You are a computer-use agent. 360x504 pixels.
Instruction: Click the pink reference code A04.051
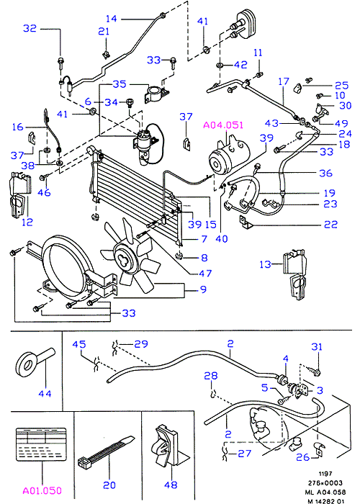coord(223,125)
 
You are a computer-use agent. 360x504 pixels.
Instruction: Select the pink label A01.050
coord(42,491)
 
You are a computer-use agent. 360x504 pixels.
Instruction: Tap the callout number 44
coord(45,393)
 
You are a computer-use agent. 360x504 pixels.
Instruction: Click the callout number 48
coord(171,485)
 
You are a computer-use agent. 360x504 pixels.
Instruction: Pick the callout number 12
coord(27,222)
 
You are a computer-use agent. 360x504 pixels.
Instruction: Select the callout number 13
coord(265,264)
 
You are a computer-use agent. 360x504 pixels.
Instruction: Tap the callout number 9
coord(203,289)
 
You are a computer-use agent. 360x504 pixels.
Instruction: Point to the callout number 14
coord(111,19)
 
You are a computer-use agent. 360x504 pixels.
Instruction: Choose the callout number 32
coord(30,28)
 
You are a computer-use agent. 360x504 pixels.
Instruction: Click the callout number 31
coord(317,346)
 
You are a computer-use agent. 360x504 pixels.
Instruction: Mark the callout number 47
coord(205,273)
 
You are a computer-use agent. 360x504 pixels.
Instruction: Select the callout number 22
coord(330,224)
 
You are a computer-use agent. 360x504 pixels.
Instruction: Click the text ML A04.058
coord(325,492)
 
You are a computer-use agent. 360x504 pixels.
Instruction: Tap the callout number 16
coord(18,127)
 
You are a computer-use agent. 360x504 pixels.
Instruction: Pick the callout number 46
coord(44,192)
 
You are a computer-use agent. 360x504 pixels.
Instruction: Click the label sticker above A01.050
coord(41,445)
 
